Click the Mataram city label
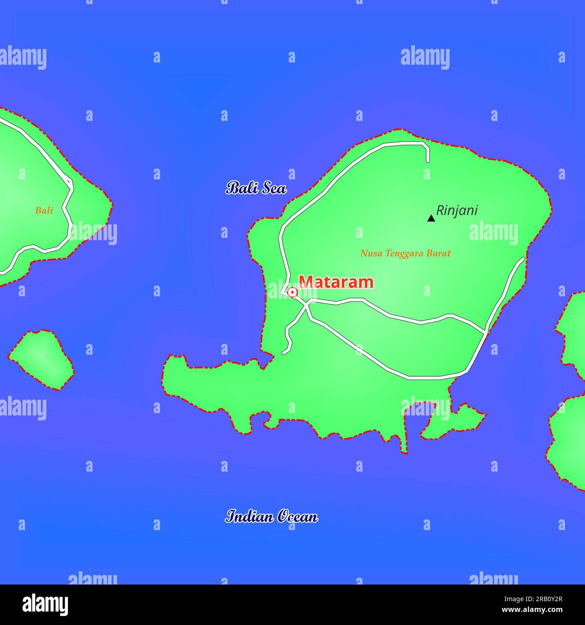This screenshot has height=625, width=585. (336, 282)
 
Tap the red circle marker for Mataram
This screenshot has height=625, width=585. (292, 292)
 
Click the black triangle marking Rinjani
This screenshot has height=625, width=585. (431, 219)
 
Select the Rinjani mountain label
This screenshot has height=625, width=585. (457, 210)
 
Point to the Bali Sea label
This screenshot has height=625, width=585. (256, 188)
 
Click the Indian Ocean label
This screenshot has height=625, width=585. (271, 517)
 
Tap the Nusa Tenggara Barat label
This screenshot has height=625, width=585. (405, 253)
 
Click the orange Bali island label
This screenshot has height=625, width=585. (44, 210)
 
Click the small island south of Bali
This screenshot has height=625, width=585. (41, 359)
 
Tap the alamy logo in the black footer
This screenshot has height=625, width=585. (45, 604)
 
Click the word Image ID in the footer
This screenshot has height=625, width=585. (515, 598)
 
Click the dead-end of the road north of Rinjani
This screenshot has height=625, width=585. (427, 161)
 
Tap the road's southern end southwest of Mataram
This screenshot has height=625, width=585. (284, 353)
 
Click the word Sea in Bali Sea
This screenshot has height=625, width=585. (274, 188)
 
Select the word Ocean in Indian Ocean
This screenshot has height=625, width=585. (297, 517)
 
